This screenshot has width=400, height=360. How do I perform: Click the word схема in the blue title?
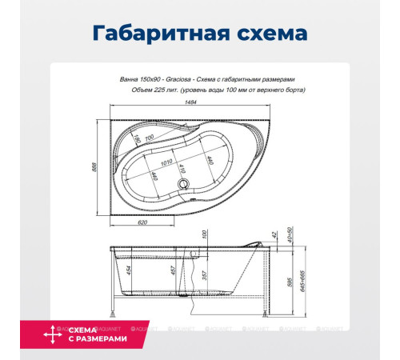[263, 34]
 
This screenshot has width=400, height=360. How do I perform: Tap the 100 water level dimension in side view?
[205, 235]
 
